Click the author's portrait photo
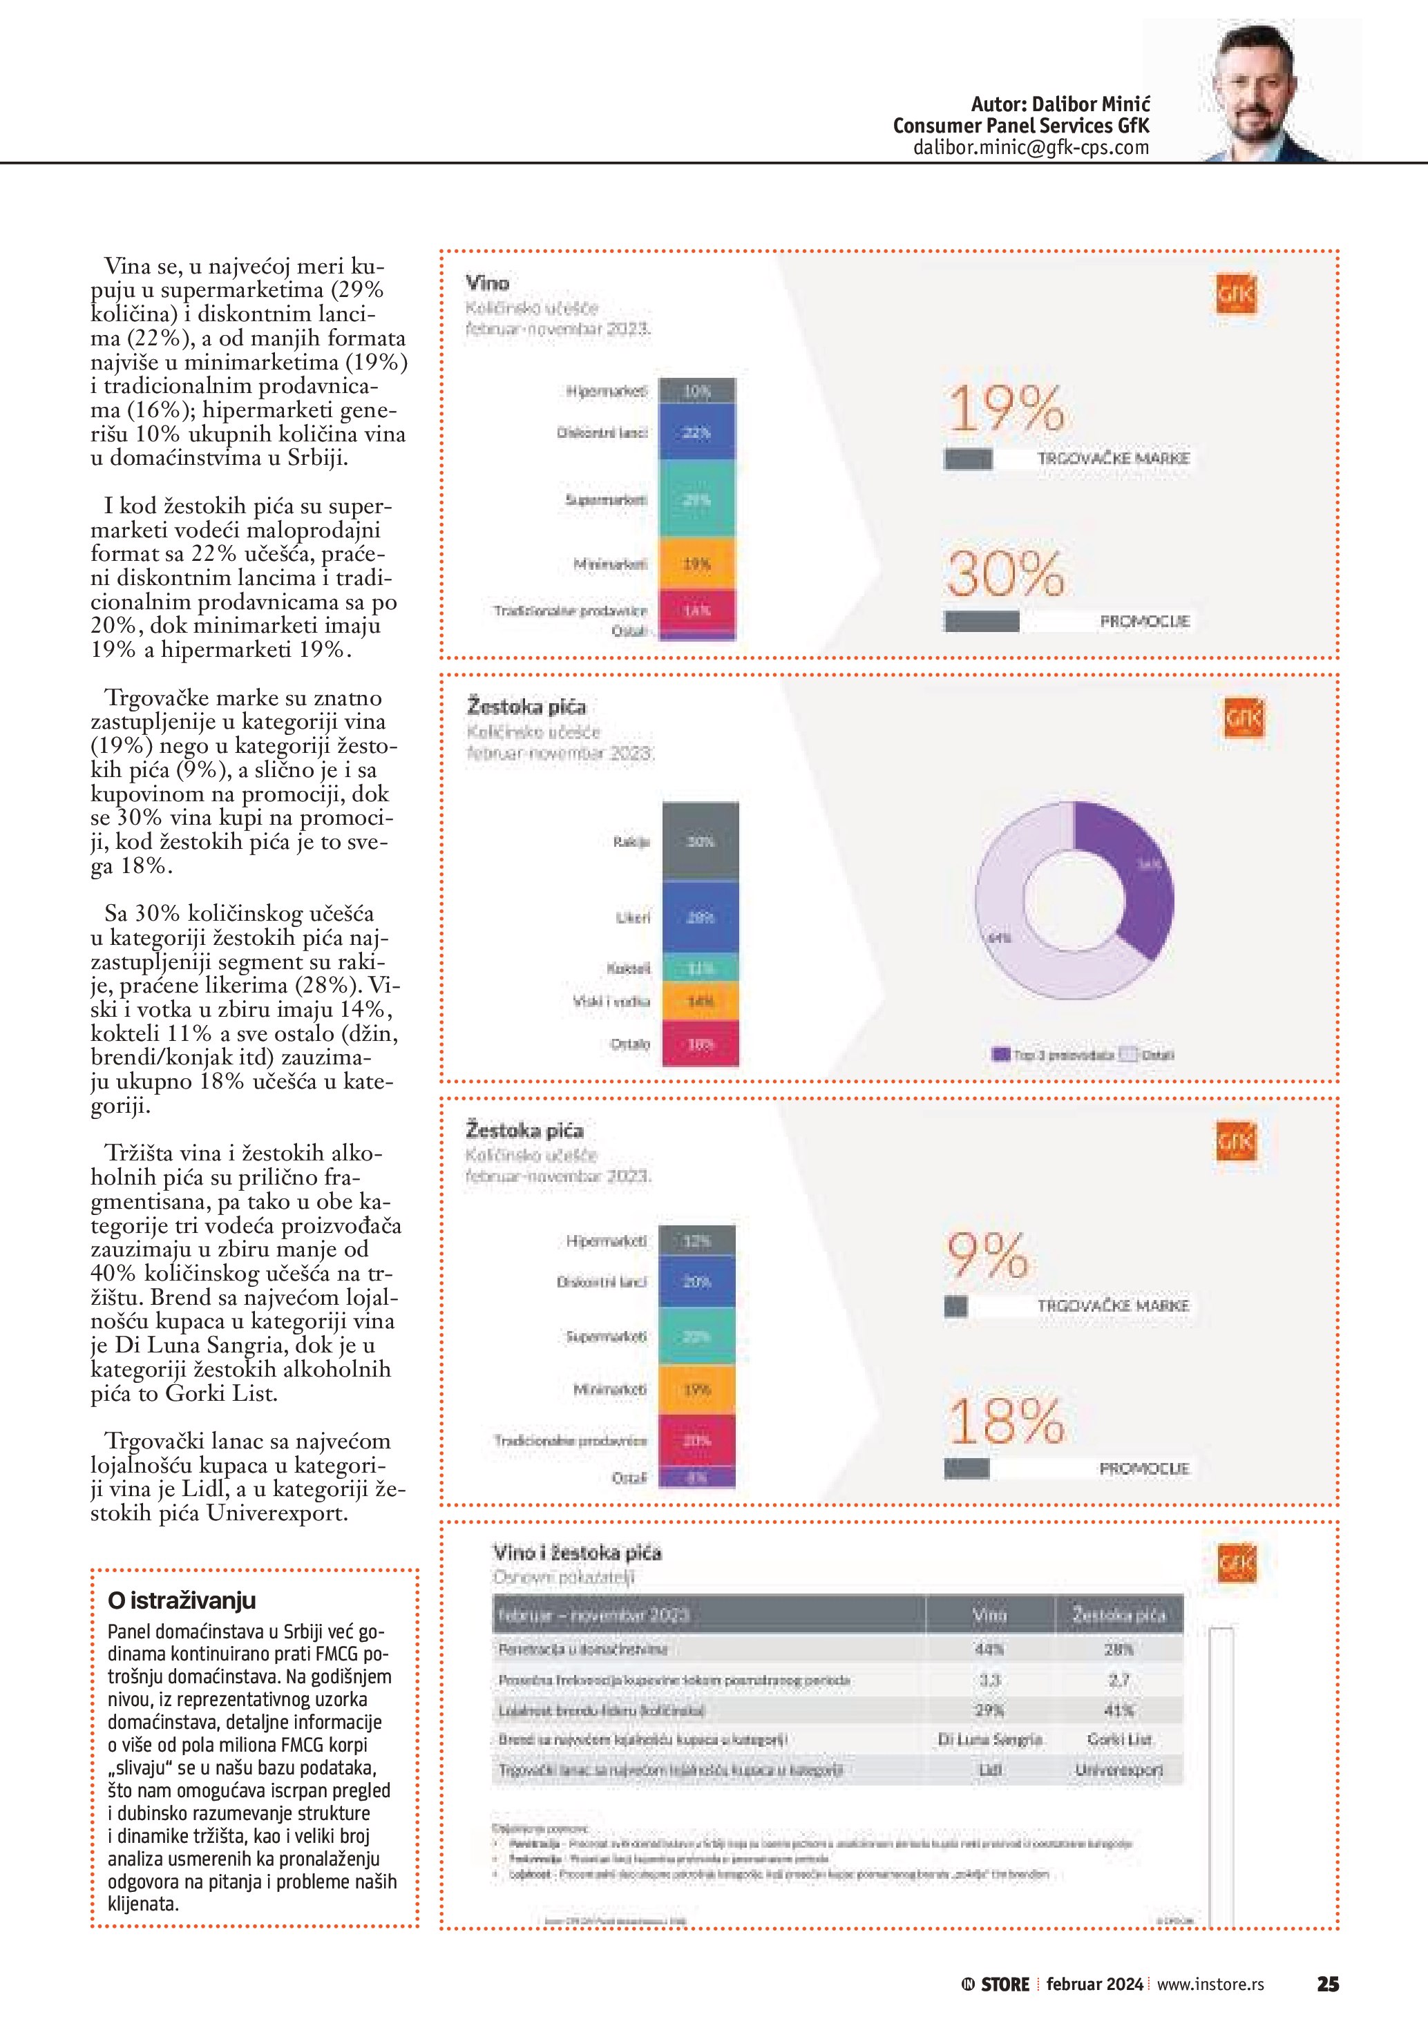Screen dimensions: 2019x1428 [1266, 93]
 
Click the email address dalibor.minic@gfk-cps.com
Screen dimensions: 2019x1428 [1031, 148]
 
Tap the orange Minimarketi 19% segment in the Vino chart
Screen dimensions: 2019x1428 [696, 564]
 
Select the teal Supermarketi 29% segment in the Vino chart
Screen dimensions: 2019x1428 [696, 499]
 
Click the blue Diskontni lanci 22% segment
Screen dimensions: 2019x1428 [696, 432]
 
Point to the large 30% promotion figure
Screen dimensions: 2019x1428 [1005, 573]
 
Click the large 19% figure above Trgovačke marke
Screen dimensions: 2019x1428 [1006, 410]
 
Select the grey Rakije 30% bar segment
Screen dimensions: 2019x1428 [700, 841]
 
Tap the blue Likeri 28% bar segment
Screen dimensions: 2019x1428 [700, 917]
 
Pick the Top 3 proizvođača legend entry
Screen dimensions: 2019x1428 [1054, 1054]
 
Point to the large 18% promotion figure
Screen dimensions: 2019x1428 [1006, 1421]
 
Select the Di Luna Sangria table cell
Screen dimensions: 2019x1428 [989, 1739]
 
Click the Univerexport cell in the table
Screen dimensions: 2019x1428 [1118, 1769]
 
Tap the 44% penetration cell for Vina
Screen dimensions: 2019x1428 [989, 1649]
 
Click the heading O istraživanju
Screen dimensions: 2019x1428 [181, 1600]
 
